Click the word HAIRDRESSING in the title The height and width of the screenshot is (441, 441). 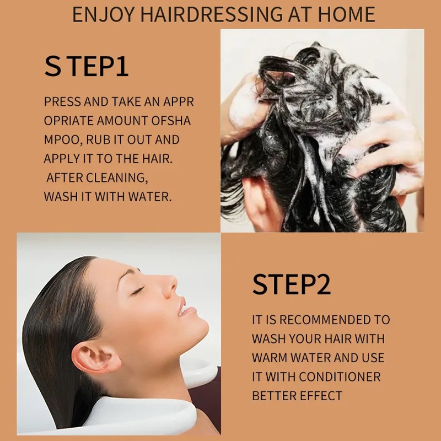[211, 14]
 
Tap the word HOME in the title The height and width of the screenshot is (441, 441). [347, 14]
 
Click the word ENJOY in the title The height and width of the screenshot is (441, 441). [103, 14]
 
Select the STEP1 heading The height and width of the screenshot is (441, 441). [87, 66]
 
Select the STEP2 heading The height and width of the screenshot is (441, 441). [292, 284]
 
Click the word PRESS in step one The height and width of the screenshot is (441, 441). [62, 101]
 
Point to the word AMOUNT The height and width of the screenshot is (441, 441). [122, 121]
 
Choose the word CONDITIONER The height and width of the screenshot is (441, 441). [340, 377]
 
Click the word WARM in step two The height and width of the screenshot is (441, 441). [270, 358]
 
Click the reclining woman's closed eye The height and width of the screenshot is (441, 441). [137, 291]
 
